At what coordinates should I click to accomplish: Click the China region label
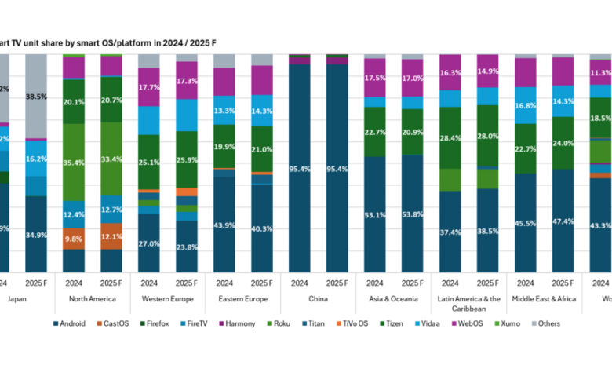coord(318,298)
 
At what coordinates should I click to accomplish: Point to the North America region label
coord(92,298)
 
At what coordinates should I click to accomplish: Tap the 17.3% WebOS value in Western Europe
coord(186,81)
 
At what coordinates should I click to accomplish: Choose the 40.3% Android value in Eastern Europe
coord(261,228)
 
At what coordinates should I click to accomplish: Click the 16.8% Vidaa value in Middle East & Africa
coord(525,106)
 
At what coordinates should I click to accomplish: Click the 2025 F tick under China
coord(337,283)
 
